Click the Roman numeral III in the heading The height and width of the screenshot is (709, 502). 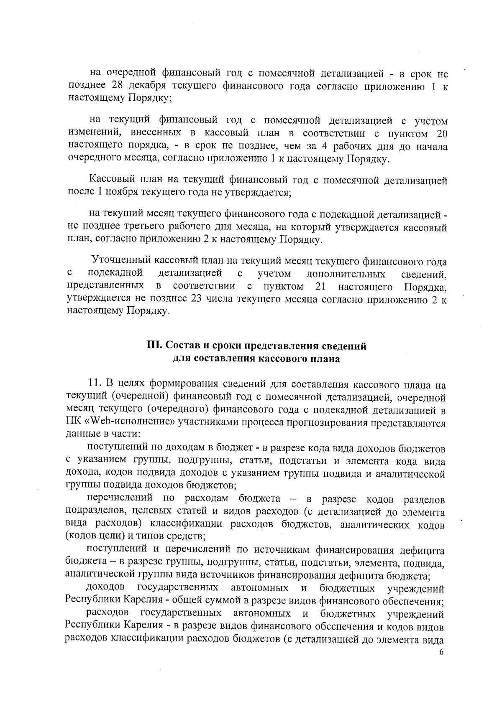[x=152, y=346]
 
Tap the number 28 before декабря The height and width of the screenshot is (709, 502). [x=118, y=86]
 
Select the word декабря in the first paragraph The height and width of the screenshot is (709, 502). [x=147, y=86]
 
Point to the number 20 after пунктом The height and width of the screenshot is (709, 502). [x=441, y=134]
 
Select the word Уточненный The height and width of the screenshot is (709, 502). [x=121, y=262]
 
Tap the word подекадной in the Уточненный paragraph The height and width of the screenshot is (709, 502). [x=115, y=274]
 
